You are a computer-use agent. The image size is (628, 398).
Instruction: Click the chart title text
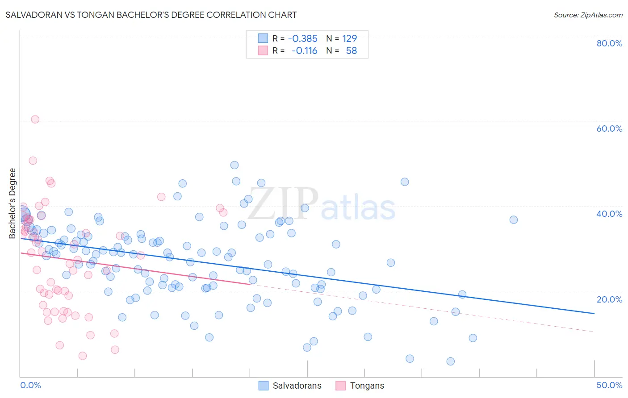click(x=151, y=15)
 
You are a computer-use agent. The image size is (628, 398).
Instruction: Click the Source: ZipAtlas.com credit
click(x=588, y=15)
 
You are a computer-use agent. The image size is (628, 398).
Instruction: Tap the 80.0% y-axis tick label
click(x=609, y=43)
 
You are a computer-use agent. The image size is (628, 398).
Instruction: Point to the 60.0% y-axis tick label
click(x=609, y=129)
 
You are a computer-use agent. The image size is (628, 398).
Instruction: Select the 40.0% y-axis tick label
click(x=609, y=214)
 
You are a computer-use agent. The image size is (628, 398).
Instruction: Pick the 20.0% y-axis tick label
click(x=609, y=299)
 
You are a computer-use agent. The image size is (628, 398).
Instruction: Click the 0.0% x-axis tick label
click(x=30, y=385)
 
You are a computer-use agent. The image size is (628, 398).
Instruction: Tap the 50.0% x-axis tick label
click(x=609, y=385)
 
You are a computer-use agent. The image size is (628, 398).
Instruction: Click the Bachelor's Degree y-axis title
click(x=13, y=203)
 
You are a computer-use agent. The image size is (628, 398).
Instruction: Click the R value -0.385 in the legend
click(x=302, y=39)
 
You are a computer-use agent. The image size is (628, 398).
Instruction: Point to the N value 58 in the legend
click(x=351, y=51)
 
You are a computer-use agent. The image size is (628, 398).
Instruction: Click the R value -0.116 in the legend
click(x=304, y=51)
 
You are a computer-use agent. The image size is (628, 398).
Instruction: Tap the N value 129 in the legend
click(x=349, y=39)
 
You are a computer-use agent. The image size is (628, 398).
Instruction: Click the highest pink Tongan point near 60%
click(x=35, y=119)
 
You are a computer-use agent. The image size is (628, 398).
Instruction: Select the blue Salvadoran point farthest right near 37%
click(x=514, y=220)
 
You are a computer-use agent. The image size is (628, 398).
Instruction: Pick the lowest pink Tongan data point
click(x=83, y=356)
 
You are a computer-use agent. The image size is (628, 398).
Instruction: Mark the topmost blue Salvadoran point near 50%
click(x=234, y=165)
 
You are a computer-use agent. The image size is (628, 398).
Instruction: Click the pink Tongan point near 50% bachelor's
click(x=33, y=161)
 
